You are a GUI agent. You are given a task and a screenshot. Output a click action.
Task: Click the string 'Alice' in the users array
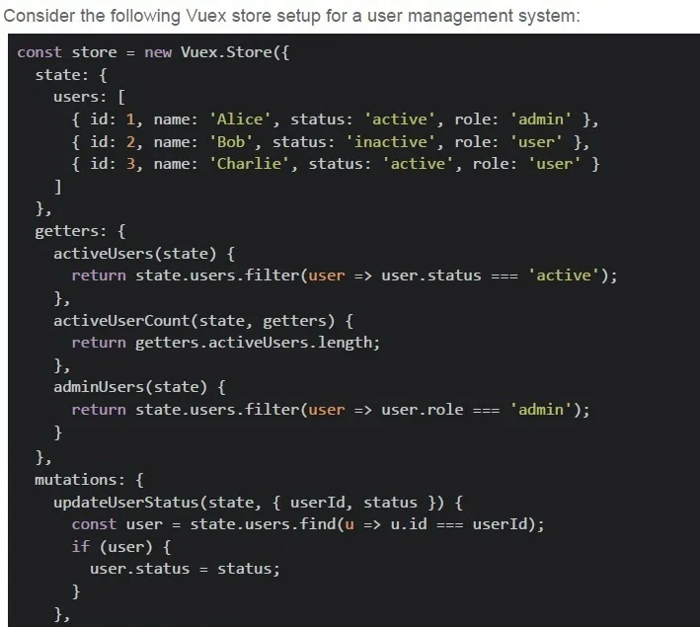click(x=240, y=119)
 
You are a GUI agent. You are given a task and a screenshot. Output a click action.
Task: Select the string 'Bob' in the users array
click(x=231, y=142)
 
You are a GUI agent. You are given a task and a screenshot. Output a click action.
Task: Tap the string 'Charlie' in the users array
click(x=249, y=164)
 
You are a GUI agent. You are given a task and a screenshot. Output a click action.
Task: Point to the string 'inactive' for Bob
click(x=391, y=142)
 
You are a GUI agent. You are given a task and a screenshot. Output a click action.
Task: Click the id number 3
click(x=130, y=164)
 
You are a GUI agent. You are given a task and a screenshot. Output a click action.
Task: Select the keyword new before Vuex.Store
click(x=158, y=52)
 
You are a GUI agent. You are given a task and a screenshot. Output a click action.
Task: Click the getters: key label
click(x=71, y=231)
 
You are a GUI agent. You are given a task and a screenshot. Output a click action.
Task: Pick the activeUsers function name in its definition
click(x=103, y=254)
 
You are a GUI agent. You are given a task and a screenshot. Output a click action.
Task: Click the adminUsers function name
click(x=99, y=387)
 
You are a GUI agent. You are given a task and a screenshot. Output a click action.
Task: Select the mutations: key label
click(x=80, y=480)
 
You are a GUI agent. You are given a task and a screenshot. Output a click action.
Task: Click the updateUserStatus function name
click(x=126, y=503)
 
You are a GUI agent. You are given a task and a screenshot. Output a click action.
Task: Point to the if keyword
click(x=81, y=547)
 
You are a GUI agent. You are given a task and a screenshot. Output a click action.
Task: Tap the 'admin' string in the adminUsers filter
click(x=541, y=410)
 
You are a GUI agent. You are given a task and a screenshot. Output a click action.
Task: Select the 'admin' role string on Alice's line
click(x=541, y=119)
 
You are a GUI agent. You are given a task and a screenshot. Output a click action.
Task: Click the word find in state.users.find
click(x=317, y=524)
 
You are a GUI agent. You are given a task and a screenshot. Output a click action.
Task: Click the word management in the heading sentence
click(x=460, y=16)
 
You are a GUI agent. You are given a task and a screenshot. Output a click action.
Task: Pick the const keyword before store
click(x=39, y=52)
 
